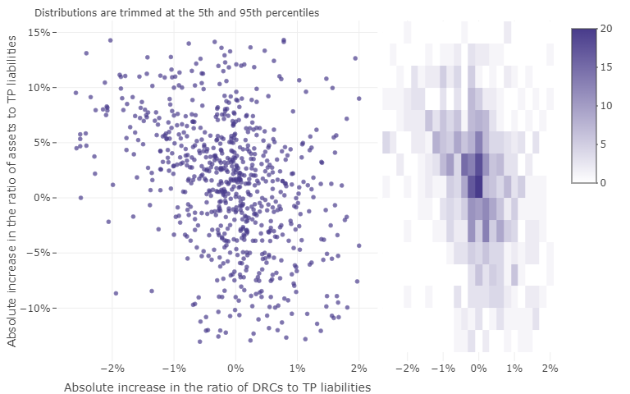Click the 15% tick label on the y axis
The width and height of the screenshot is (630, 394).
39,32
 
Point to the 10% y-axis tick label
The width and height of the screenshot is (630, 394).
39,87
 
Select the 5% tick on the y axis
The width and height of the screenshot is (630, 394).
41,142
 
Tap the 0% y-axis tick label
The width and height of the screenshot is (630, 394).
41,198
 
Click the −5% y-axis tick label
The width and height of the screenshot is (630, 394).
39,253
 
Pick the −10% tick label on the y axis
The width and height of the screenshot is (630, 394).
36,308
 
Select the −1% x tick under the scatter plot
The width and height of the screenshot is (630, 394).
173,368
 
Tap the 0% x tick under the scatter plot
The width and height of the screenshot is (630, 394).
235,368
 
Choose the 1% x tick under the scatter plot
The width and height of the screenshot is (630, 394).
297,368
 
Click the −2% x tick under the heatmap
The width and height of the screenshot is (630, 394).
408,368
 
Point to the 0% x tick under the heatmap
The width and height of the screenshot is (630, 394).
478,368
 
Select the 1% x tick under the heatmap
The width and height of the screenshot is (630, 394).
514,368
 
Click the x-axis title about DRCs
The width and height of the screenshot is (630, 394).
217,387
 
